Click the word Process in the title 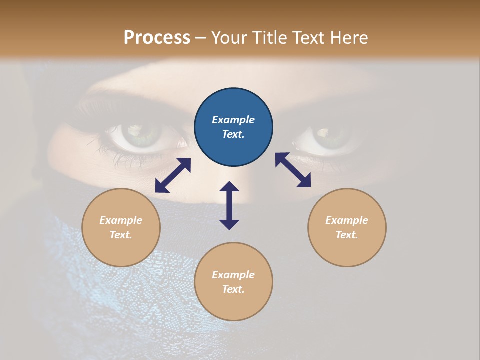coord(157,38)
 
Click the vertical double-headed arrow coord(229,205)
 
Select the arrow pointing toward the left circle coord(173,175)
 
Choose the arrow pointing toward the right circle coord(293,170)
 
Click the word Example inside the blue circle coord(233,120)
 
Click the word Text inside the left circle coord(121,235)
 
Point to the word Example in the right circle coord(347,220)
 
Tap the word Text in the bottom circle coord(233,289)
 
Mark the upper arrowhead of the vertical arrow coord(229,187)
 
